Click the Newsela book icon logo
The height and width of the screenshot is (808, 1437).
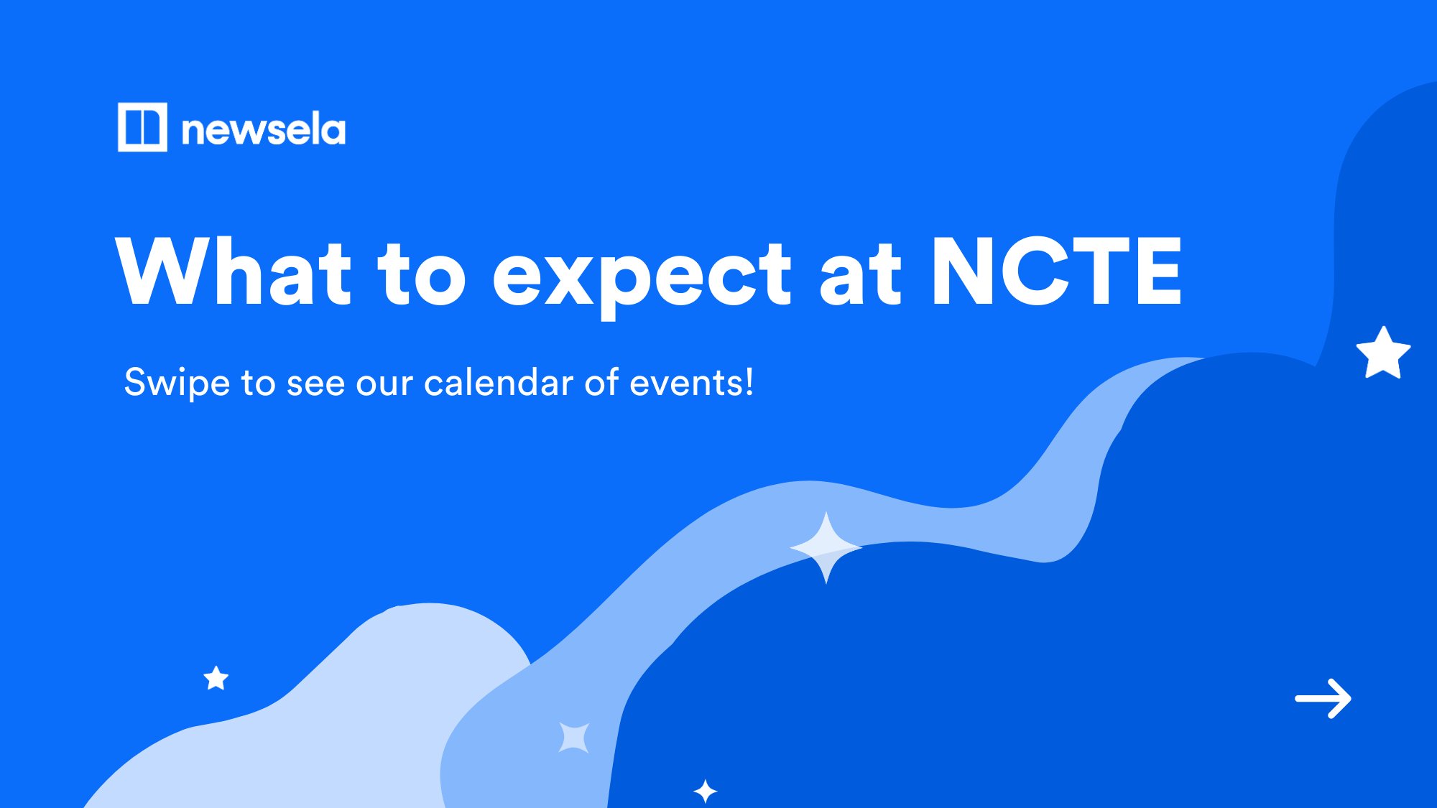click(x=142, y=127)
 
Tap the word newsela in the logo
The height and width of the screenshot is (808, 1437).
click(x=263, y=131)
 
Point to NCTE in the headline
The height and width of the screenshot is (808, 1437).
click(x=1055, y=271)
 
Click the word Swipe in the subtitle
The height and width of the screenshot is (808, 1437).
click(x=177, y=383)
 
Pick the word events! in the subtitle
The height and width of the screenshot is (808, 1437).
click(x=691, y=382)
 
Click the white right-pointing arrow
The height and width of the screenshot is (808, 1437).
click(x=1323, y=698)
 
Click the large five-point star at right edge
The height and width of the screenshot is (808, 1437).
click(x=1383, y=353)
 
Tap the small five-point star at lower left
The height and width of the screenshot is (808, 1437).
click(x=216, y=678)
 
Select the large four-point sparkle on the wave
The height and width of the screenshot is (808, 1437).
click(x=826, y=547)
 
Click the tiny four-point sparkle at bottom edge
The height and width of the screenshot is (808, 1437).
click(x=705, y=791)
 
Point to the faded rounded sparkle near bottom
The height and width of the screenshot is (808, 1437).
click(x=574, y=737)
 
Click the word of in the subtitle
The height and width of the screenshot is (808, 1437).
click(x=601, y=382)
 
